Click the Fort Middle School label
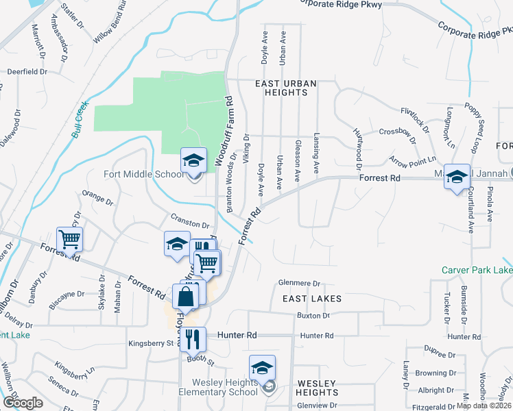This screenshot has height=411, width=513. pyautogui.click(x=141, y=174)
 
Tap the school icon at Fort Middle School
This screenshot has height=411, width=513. pyautogui.click(x=193, y=161)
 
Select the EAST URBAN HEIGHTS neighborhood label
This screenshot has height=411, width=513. pyautogui.click(x=285, y=84)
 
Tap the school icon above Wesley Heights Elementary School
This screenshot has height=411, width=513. pyautogui.click(x=262, y=369)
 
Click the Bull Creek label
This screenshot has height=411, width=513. pyautogui.click(x=80, y=120)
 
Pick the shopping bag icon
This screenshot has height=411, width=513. pyautogui.click(x=185, y=298)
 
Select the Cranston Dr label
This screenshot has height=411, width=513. pyautogui.click(x=190, y=225)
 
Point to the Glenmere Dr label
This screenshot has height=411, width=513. pyautogui.click(x=300, y=283)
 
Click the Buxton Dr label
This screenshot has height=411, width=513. pyautogui.click(x=313, y=316)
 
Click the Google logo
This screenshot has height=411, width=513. pyautogui.click(x=23, y=403)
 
